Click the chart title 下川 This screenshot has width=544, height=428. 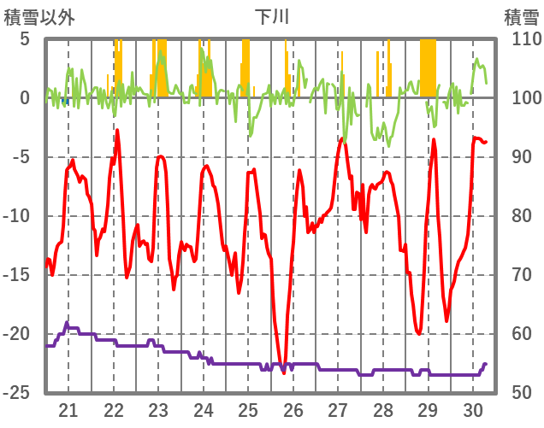(x=272, y=16)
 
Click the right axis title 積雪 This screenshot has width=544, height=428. (x=520, y=16)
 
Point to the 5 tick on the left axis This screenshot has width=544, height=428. (x=25, y=39)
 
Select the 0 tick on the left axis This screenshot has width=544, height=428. (x=25, y=98)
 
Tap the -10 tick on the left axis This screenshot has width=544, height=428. (x=19, y=216)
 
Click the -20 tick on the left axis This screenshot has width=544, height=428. (x=19, y=334)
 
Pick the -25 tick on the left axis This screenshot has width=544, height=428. (x=19, y=393)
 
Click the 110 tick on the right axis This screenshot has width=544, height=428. (x=521, y=39)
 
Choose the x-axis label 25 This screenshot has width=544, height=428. (x=248, y=409)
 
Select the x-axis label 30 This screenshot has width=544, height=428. (x=472, y=409)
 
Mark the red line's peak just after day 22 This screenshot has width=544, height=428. (x=117, y=130)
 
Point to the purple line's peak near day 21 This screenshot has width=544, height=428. (x=67, y=322)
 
